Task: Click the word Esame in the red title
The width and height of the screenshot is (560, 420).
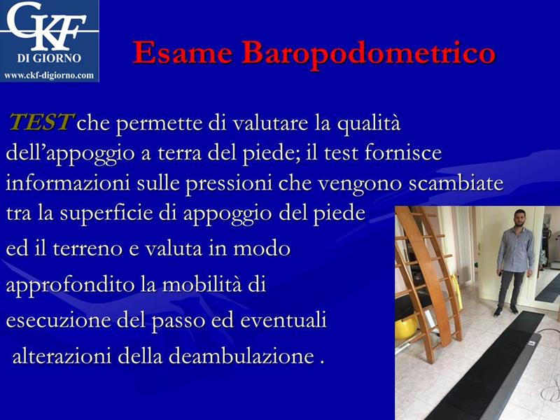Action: pos(183,53)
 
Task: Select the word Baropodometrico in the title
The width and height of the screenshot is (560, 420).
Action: pos(369,54)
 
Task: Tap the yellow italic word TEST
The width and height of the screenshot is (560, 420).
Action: pos(41,122)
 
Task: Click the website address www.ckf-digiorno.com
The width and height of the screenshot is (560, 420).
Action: pos(49,76)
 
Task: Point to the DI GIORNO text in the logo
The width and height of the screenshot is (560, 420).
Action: pos(49,58)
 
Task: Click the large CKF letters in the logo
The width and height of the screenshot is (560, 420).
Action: pos(46,26)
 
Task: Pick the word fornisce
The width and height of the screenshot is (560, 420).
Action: pos(403,153)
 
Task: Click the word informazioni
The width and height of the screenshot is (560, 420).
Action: pos(68,183)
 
